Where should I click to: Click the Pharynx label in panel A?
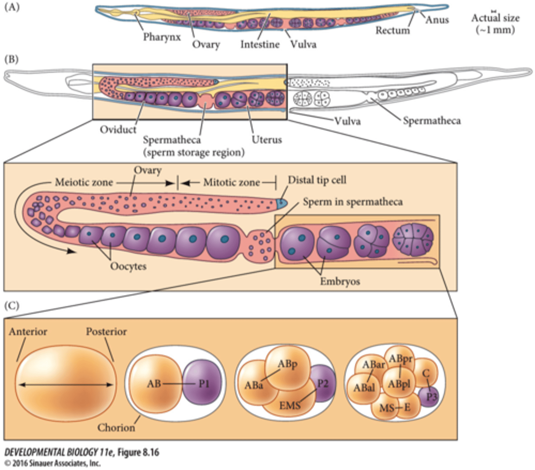(x=162, y=37)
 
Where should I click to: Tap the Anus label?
(x=437, y=20)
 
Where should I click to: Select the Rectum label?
(x=392, y=30)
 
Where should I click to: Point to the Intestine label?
(x=260, y=44)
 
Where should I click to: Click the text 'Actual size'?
(x=495, y=18)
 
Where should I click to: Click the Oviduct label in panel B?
(x=118, y=129)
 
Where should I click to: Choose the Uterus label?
(x=266, y=139)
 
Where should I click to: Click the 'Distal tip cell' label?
(x=317, y=180)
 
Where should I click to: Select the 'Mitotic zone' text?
(x=231, y=183)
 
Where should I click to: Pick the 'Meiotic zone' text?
(x=83, y=183)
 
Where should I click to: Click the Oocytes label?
(x=128, y=266)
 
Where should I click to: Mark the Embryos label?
(x=340, y=281)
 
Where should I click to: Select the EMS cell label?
(x=289, y=405)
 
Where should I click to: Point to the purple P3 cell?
(x=430, y=397)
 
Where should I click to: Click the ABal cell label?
(x=364, y=388)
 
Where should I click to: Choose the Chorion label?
(x=116, y=427)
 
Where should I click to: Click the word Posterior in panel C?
(x=106, y=332)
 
